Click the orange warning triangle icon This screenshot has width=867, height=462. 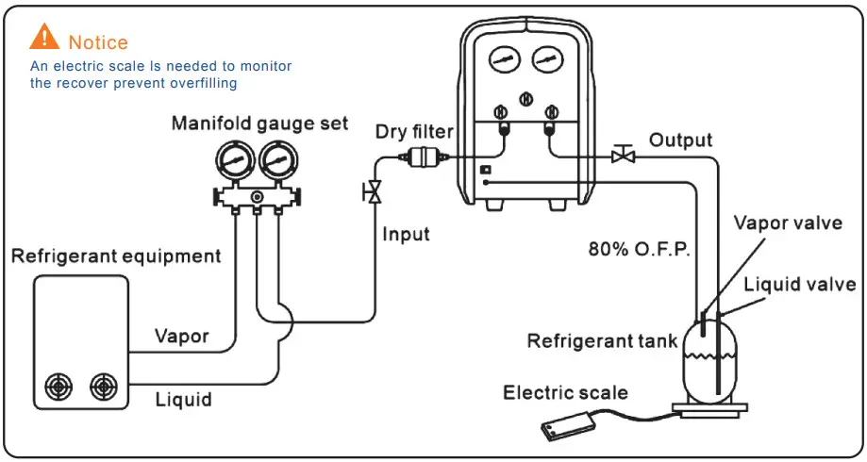coord(44,38)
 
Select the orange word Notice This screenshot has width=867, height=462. coord(98,42)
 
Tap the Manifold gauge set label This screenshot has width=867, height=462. coord(259,124)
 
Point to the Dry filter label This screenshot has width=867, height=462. coord(414,131)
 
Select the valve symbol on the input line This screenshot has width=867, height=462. coord(374,193)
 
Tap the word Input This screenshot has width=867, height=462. coord(406,234)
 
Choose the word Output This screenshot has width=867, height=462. coord(680,140)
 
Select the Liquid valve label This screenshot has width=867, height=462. coord(799,284)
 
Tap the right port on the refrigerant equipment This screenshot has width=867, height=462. coord(102,388)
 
